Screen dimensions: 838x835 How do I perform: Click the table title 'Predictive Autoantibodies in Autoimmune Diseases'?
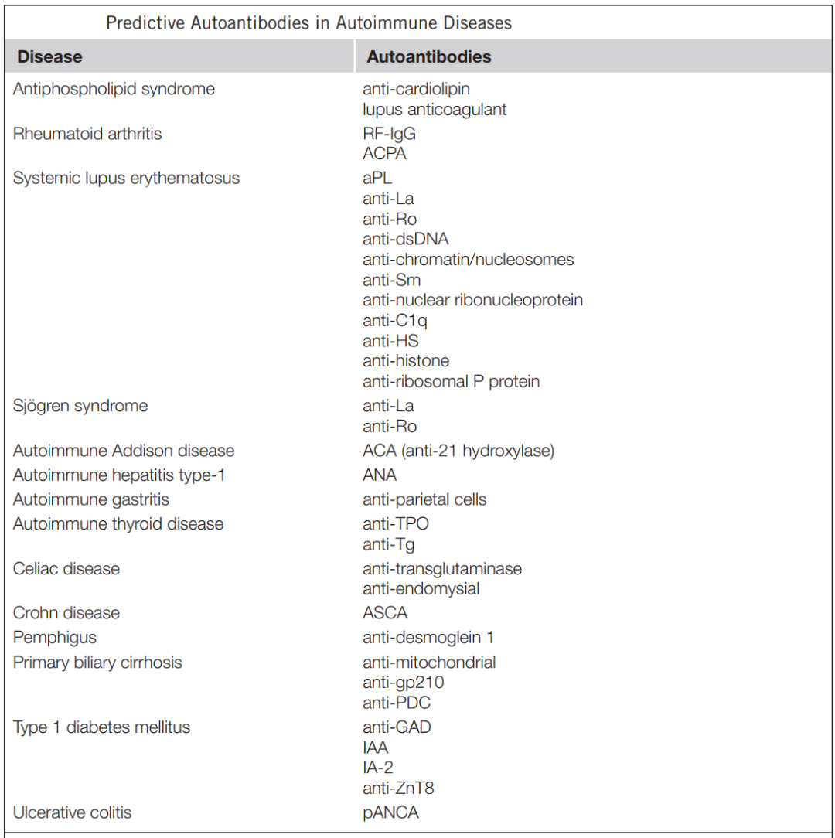click(x=308, y=23)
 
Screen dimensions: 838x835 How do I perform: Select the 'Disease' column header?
click(x=49, y=56)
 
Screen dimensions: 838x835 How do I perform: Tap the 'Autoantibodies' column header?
click(x=428, y=56)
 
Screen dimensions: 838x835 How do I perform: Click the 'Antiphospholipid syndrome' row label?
click(x=114, y=89)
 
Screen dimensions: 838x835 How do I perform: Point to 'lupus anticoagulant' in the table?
click(x=435, y=109)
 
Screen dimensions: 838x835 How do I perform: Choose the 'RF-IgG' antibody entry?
click(x=389, y=134)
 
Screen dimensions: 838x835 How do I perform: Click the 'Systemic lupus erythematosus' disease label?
click(x=126, y=178)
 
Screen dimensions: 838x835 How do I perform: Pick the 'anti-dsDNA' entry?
click(x=405, y=239)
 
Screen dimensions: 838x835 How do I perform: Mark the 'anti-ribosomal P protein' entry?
click(x=451, y=381)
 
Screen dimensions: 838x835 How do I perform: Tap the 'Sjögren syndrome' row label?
click(x=80, y=406)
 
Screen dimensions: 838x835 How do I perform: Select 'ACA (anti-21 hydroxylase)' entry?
click(x=458, y=451)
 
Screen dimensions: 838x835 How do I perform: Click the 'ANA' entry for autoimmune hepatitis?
click(x=379, y=475)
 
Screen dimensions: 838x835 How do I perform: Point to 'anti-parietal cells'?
click(x=424, y=499)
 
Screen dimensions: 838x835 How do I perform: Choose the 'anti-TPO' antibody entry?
click(x=395, y=524)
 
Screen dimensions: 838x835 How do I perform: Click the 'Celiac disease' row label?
click(x=66, y=569)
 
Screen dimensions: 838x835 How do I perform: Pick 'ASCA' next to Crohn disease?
click(x=384, y=613)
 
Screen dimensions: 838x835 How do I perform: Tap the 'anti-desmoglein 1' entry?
click(x=428, y=638)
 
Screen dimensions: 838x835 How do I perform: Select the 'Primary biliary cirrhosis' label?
click(x=97, y=663)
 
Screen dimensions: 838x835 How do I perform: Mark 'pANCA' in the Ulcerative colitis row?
click(x=390, y=812)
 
